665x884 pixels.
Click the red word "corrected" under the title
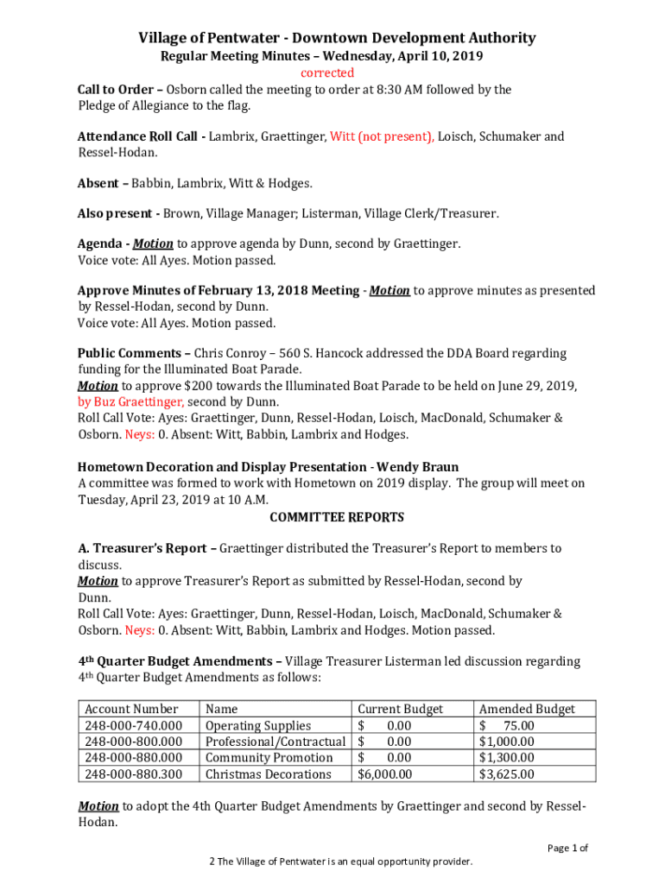326,73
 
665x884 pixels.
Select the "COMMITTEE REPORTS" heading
337,517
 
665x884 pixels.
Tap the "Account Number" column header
131,709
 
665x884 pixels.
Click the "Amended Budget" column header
527,709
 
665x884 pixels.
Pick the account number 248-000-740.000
133,725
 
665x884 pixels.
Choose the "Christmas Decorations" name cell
268,773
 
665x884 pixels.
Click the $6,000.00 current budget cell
385,773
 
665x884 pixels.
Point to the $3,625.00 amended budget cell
507,773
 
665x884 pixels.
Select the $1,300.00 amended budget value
507,757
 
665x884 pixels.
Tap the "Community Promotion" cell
269,757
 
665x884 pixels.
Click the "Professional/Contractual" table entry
275,742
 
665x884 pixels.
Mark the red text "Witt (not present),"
382,136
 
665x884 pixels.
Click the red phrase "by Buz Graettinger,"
130,401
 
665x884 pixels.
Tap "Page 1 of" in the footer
567,848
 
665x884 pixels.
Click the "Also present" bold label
115,213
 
